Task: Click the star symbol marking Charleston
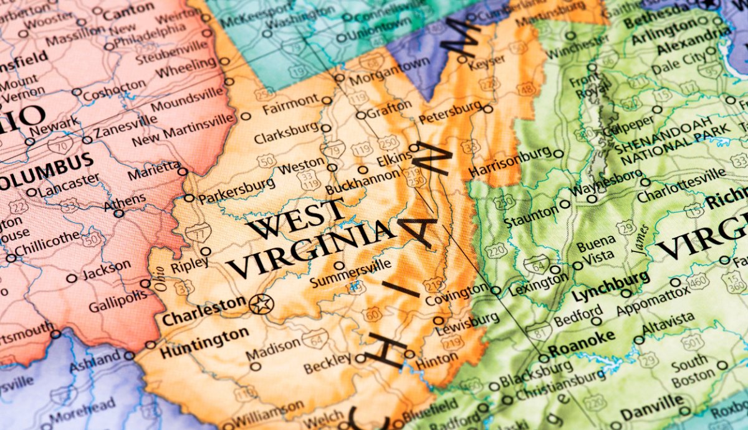tap(261, 304)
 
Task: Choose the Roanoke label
tap(581, 341)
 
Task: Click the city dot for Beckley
tap(360, 358)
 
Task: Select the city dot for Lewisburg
tap(438, 320)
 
